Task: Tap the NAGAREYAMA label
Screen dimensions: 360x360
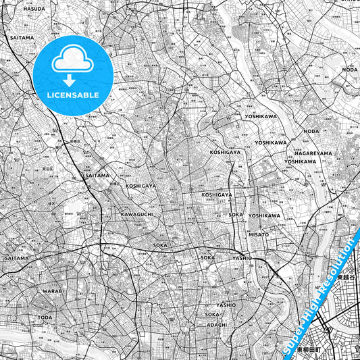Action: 314,153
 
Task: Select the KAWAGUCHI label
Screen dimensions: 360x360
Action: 136,214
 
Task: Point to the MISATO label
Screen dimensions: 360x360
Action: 258,234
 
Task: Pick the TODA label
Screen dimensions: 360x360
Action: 45,317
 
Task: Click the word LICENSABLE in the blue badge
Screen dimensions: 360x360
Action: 72,95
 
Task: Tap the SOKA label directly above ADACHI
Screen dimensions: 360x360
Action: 212,315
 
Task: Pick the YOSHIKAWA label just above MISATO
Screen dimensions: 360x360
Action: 263,215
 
